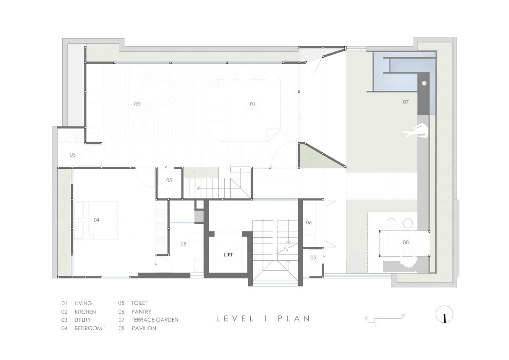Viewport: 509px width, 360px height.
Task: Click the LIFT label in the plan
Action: point(228,255)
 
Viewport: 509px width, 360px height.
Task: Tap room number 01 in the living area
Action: point(252,104)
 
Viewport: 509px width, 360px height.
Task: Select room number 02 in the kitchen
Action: point(137,104)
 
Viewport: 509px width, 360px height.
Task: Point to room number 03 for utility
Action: point(73,155)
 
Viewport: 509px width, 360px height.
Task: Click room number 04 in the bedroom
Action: point(97,219)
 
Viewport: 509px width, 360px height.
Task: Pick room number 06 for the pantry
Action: point(309,222)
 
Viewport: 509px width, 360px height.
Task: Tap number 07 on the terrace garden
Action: point(406,102)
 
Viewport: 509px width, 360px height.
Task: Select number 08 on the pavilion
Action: point(406,242)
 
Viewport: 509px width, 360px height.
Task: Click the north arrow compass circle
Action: point(444,314)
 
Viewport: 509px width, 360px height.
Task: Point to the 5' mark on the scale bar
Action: point(403,316)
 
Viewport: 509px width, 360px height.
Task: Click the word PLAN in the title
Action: point(294,319)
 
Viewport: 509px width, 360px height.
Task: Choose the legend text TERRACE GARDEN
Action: point(155,320)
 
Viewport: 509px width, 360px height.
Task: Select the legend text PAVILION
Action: point(144,328)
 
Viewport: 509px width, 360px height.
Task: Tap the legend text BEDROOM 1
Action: point(90,328)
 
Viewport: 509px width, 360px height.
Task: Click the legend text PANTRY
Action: point(141,312)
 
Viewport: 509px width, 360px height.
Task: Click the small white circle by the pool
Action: point(424,84)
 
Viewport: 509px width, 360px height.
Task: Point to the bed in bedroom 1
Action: point(96,220)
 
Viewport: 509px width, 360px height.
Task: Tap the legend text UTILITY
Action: point(82,320)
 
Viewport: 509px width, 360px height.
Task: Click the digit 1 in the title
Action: point(266,319)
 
